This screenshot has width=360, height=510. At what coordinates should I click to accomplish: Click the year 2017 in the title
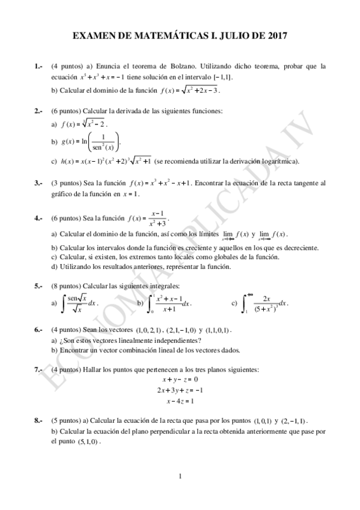tap(276, 36)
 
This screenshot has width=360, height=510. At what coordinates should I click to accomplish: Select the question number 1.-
tap(38, 66)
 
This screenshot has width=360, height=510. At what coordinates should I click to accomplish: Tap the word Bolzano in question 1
tap(184, 66)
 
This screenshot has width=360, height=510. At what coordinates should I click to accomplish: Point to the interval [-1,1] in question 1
tap(223, 78)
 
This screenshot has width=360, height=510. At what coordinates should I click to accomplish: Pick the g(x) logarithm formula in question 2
tap(91, 141)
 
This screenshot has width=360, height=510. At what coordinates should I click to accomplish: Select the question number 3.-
tap(38, 183)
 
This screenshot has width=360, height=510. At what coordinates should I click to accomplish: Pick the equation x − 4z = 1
tap(180, 401)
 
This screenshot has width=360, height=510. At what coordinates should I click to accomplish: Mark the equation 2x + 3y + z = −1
tap(180, 390)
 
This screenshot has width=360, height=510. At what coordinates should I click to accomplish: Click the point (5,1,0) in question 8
tap(88, 441)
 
